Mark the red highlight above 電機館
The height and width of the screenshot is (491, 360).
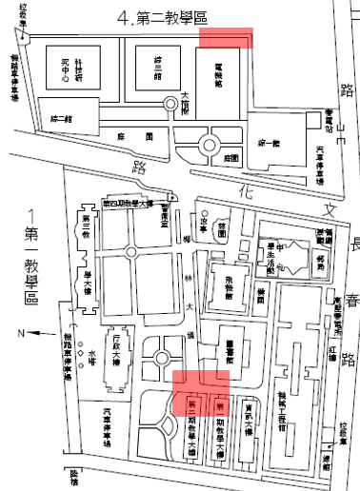227,37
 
